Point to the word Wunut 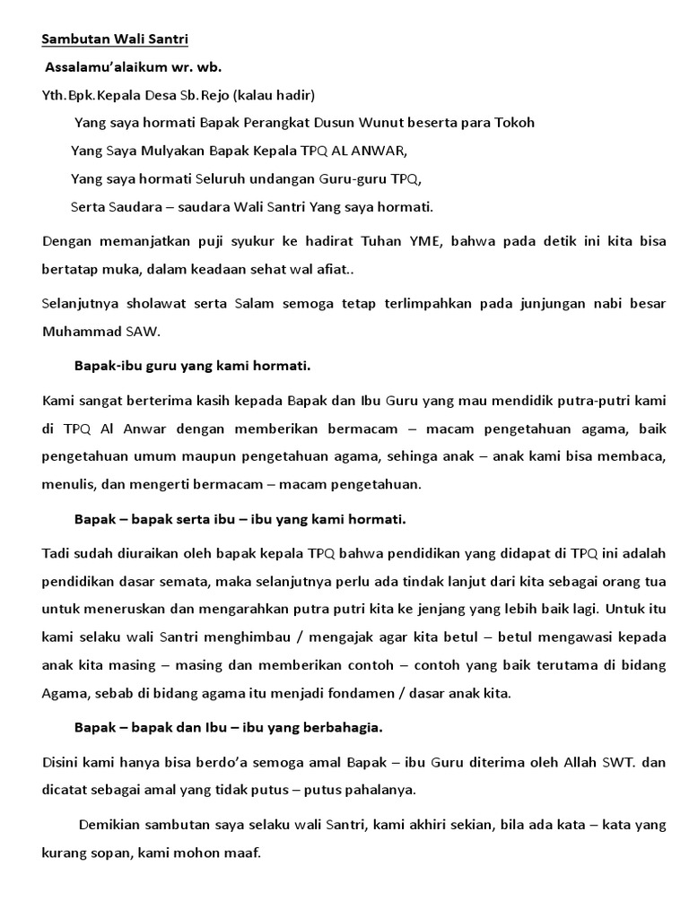point(396,123)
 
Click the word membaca point(633,457)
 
